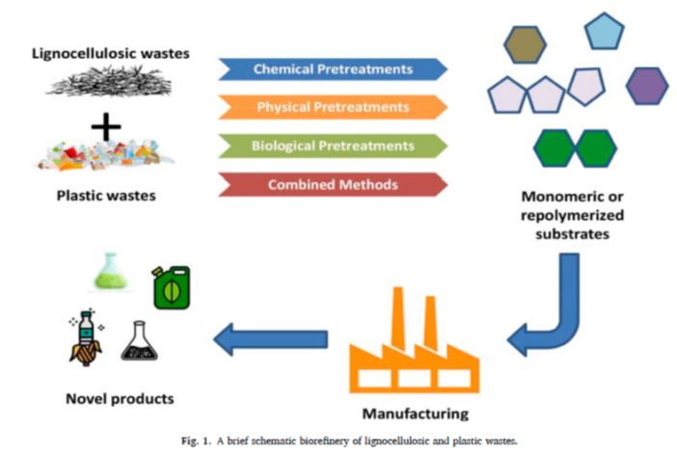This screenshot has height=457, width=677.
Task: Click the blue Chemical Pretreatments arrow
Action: click(333, 69)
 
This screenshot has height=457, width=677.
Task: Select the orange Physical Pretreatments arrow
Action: click(333, 107)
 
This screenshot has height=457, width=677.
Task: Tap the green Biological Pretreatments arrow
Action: click(333, 146)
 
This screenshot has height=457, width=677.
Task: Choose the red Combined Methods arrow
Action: click(333, 184)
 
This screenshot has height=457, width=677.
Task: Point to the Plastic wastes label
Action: click(106, 197)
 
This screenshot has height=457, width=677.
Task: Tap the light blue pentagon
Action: click(605, 32)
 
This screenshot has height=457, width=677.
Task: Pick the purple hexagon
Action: click(646, 86)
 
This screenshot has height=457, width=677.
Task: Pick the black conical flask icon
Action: click(139, 343)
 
